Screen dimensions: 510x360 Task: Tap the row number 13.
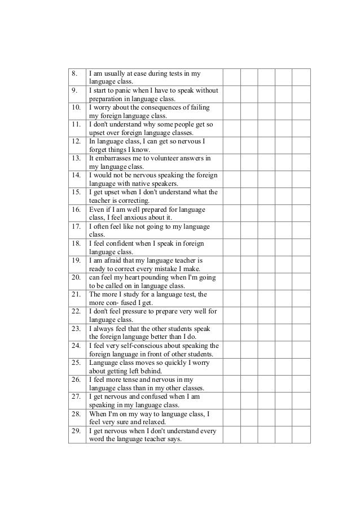pyautogui.click(x=75, y=159)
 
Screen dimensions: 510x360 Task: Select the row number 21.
pyautogui.click(x=75, y=295)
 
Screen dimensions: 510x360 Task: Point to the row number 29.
pyautogui.click(x=75, y=431)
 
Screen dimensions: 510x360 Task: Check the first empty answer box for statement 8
pyautogui.click(x=232, y=77)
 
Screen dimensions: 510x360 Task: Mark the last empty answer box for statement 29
pyautogui.click(x=301, y=435)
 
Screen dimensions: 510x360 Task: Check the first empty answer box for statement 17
pyautogui.click(x=232, y=230)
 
